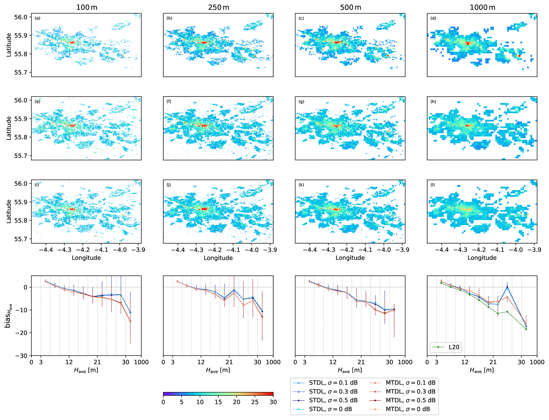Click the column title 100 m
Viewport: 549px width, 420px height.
[87, 7]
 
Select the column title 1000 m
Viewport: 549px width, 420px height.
[482, 7]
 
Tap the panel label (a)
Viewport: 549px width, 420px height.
[37, 18]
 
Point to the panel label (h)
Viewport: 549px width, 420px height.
[433, 101]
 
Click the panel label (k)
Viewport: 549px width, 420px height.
[301, 184]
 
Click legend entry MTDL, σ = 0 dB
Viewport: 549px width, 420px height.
[407, 409]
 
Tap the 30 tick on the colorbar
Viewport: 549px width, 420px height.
[273, 402]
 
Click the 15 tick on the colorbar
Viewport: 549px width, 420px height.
[218, 402]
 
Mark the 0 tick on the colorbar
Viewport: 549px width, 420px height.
[163, 402]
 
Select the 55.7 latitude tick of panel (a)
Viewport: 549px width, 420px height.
[21, 72]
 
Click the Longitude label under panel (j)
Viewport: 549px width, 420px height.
[218, 258]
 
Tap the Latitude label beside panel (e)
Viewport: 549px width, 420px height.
[9, 128]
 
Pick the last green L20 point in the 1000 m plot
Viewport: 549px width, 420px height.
[526, 329]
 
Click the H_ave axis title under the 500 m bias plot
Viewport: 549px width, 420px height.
[350, 370]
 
